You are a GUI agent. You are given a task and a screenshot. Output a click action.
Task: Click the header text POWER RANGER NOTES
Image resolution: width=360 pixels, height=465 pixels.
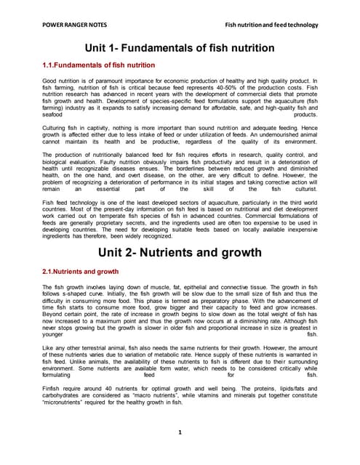(x=68, y=25)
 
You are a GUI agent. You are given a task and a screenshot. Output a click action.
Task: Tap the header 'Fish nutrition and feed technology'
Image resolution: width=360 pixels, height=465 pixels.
(x=272, y=25)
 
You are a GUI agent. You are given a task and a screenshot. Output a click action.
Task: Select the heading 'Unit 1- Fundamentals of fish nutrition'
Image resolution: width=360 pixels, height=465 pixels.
(x=180, y=48)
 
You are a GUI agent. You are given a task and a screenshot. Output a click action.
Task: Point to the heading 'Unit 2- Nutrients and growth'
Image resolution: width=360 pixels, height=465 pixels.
(x=180, y=253)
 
